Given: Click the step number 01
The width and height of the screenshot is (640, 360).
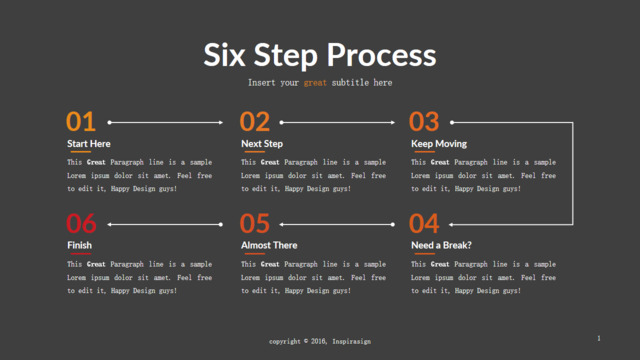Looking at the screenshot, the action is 81,122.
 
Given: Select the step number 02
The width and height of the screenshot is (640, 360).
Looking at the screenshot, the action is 255,122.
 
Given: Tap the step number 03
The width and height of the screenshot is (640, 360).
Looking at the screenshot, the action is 424,122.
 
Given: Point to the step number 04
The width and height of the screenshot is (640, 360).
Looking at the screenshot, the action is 424,224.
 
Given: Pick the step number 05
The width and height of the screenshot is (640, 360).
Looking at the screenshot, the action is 255,224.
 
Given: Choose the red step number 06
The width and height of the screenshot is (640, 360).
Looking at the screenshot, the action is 81,224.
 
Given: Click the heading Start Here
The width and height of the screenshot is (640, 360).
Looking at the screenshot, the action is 89,144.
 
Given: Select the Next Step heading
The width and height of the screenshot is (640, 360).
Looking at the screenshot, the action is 262,144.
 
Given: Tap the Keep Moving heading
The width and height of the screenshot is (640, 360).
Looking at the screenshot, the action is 439,144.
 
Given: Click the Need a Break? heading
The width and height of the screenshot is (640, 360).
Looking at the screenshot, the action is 441,245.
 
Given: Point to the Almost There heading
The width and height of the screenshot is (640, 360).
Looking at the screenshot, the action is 269,245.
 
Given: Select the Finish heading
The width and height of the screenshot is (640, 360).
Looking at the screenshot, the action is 79,245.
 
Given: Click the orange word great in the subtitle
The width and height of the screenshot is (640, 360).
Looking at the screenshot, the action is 315,83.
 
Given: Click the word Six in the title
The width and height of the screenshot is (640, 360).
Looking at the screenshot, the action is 224,55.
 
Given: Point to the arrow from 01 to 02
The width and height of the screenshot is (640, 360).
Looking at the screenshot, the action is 165,122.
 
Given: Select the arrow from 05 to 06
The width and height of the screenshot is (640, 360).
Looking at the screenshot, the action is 165,224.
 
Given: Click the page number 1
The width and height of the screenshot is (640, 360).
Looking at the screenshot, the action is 599,338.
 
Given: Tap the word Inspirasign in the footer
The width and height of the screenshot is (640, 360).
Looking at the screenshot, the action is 351,341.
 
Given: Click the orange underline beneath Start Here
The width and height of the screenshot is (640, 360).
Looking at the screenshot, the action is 81,152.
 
